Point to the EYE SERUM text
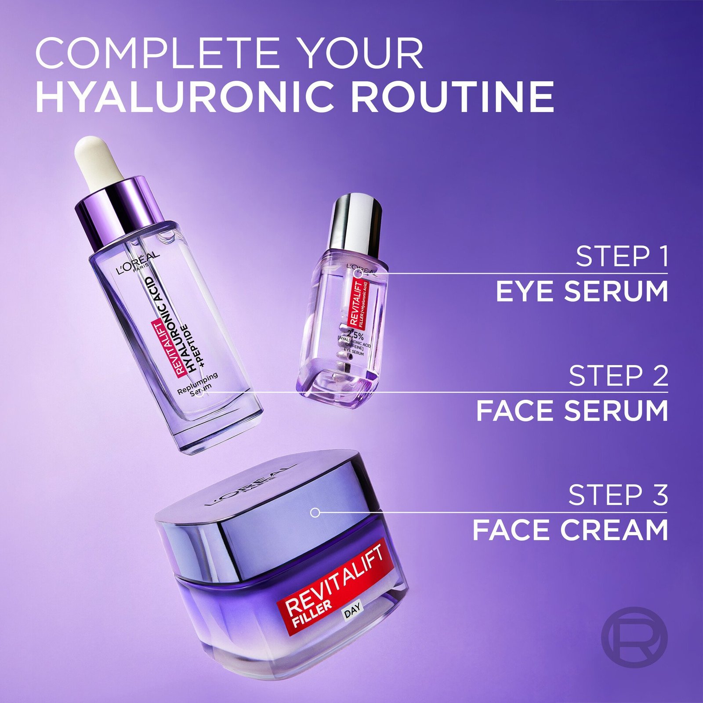[x=582, y=291]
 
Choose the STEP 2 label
[x=618, y=376]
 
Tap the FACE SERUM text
[x=572, y=411]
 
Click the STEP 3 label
[x=618, y=495]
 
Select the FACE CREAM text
[x=570, y=530]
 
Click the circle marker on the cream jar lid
[x=315, y=512]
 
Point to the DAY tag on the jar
[x=352, y=610]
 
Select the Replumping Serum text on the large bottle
[x=199, y=383]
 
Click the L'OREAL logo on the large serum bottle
[x=138, y=264]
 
